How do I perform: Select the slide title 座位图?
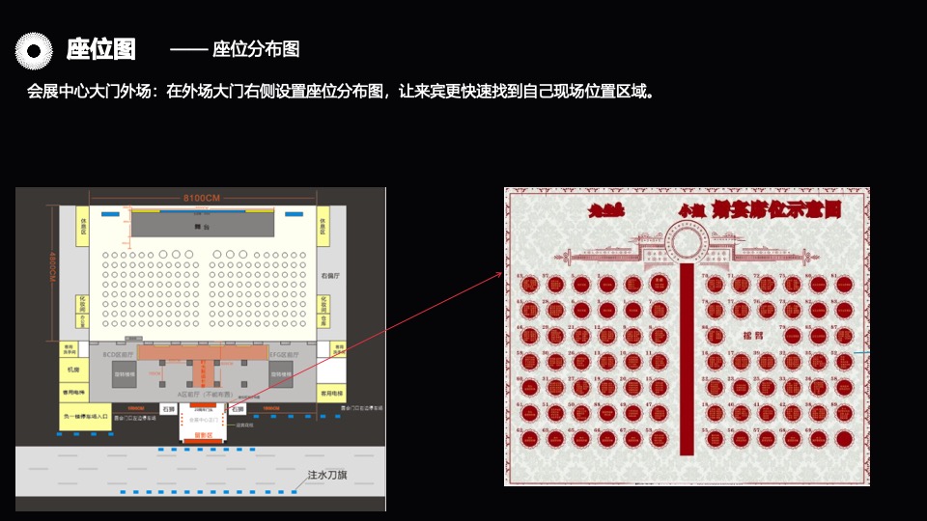tap(100, 49)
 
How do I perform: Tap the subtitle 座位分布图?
tap(256, 49)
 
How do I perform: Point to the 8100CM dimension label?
tap(203, 198)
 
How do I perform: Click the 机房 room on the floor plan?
tap(72, 370)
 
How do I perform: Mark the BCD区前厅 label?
tap(117, 355)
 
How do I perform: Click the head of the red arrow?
tap(501, 273)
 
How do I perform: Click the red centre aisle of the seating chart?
tap(686, 357)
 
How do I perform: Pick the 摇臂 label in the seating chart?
tap(752, 337)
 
